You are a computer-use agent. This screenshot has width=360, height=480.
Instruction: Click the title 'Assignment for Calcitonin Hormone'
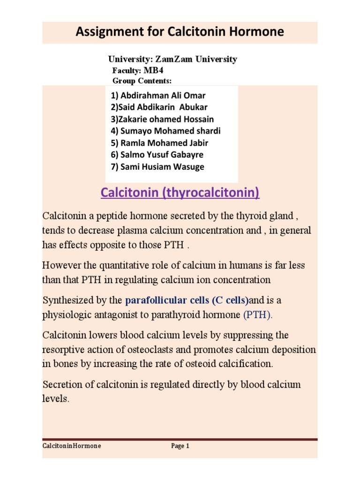pyautogui.click(x=180, y=32)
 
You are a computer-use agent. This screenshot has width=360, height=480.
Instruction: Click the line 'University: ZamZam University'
pyautogui.click(x=172, y=59)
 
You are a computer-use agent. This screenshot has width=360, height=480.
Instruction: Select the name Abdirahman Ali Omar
pyautogui.click(x=158, y=96)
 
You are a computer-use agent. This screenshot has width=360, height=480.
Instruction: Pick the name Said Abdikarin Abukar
pyautogui.click(x=159, y=107)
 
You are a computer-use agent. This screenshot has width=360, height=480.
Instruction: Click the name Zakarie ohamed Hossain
pyautogui.click(x=162, y=119)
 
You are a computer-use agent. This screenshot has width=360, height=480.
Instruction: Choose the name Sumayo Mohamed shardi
pyautogui.click(x=165, y=131)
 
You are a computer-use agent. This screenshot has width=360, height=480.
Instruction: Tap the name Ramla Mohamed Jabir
pyautogui.click(x=159, y=142)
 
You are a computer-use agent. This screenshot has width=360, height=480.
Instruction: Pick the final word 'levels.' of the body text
pyautogui.click(x=56, y=399)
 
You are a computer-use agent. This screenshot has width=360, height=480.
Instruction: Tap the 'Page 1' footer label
pyautogui.click(x=180, y=446)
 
